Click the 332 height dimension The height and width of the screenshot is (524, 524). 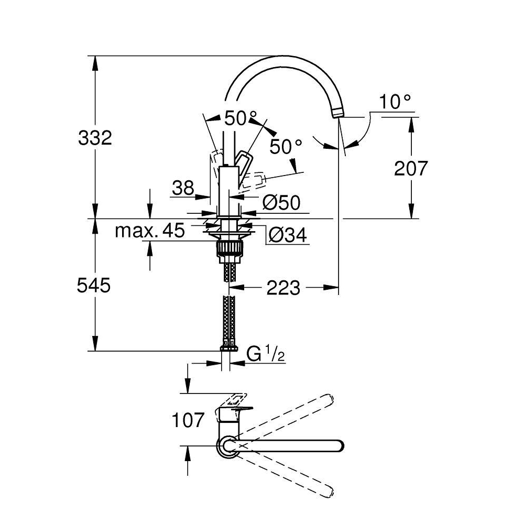tap(95, 138)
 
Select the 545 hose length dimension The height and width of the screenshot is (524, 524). tap(94, 286)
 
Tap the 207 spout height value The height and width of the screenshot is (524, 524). tap(411, 168)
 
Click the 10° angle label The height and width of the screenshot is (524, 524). tap(395, 102)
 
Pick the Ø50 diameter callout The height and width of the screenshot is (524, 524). tap(281, 203)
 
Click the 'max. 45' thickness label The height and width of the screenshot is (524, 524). tap(150, 231)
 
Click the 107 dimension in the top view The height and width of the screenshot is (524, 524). tap(188, 420)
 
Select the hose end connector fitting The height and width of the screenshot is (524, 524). tap(230, 348)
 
